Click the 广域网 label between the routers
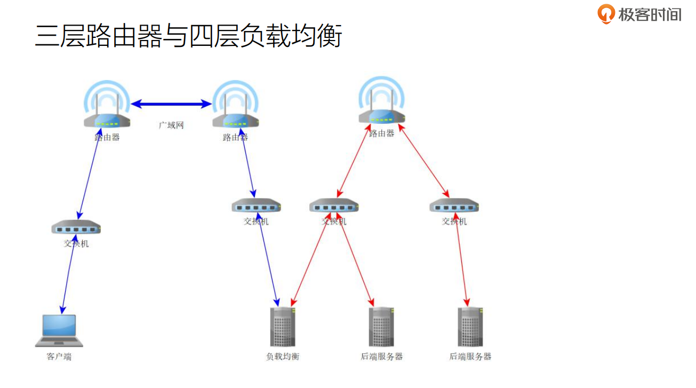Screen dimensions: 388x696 tap(171, 125)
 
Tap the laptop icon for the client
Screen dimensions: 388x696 tap(59, 330)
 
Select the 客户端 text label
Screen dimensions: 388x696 tap(59, 357)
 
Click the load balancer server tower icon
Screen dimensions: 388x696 tap(283, 327)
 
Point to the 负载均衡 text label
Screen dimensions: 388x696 tap(283, 357)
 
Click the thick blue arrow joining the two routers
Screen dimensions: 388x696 tap(171, 104)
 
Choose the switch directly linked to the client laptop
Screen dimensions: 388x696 tap(76, 228)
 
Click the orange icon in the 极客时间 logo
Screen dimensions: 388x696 tap(606, 14)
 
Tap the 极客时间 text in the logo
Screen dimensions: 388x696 tap(650, 14)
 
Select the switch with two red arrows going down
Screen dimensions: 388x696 tap(334, 205)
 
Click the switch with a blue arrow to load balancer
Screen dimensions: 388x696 tap(256, 205)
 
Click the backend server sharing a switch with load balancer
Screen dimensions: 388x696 tap(381, 327)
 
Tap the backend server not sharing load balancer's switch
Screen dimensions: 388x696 tap(470, 327)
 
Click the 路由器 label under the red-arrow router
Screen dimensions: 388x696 tap(382, 133)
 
